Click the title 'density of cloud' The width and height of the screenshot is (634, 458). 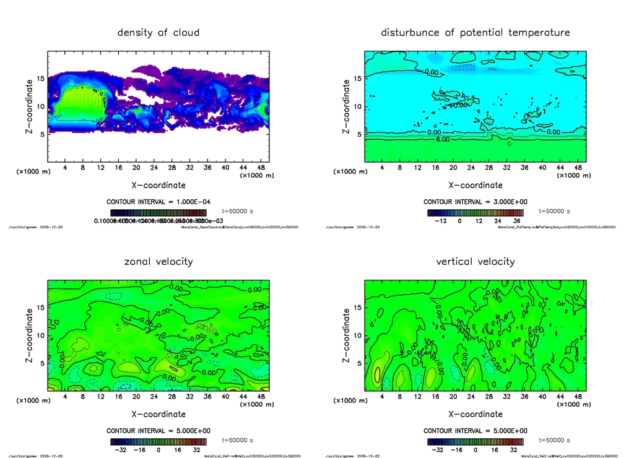(x=158, y=32)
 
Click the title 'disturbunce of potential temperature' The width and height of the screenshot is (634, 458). (x=475, y=32)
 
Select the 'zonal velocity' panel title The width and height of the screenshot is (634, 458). (x=158, y=261)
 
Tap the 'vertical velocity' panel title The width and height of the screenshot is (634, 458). (x=475, y=261)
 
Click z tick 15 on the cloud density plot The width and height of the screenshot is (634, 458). (x=40, y=79)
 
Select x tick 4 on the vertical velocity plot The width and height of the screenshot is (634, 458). (x=382, y=396)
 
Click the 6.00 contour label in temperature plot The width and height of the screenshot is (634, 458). (x=443, y=139)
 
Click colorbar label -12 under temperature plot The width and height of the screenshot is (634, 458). (x=441, y=220)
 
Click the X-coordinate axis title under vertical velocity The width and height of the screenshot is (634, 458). (x=475, y=414)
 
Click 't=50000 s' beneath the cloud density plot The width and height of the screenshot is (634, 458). (x=237, y=211)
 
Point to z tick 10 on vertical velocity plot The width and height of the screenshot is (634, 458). (x=357, y=335)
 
